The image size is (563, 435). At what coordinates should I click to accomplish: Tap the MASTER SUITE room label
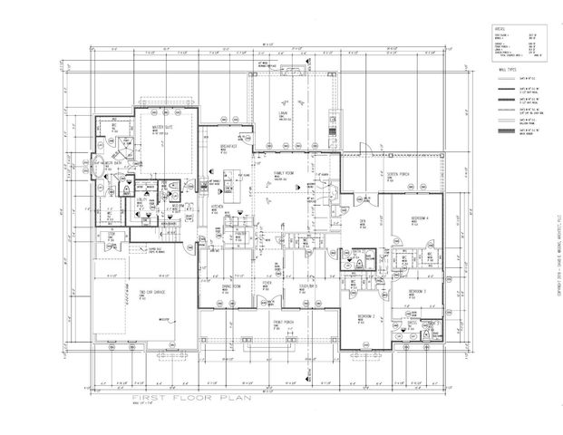(x=163, y=126)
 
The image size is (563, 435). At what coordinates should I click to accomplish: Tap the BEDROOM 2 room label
(x=366, y=315)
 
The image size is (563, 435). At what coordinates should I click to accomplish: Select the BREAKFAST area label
(x=228, y=145)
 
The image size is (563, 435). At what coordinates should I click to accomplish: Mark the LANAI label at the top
(x=283, y=113)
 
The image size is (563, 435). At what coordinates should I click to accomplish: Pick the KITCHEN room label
(x=217, y=207)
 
